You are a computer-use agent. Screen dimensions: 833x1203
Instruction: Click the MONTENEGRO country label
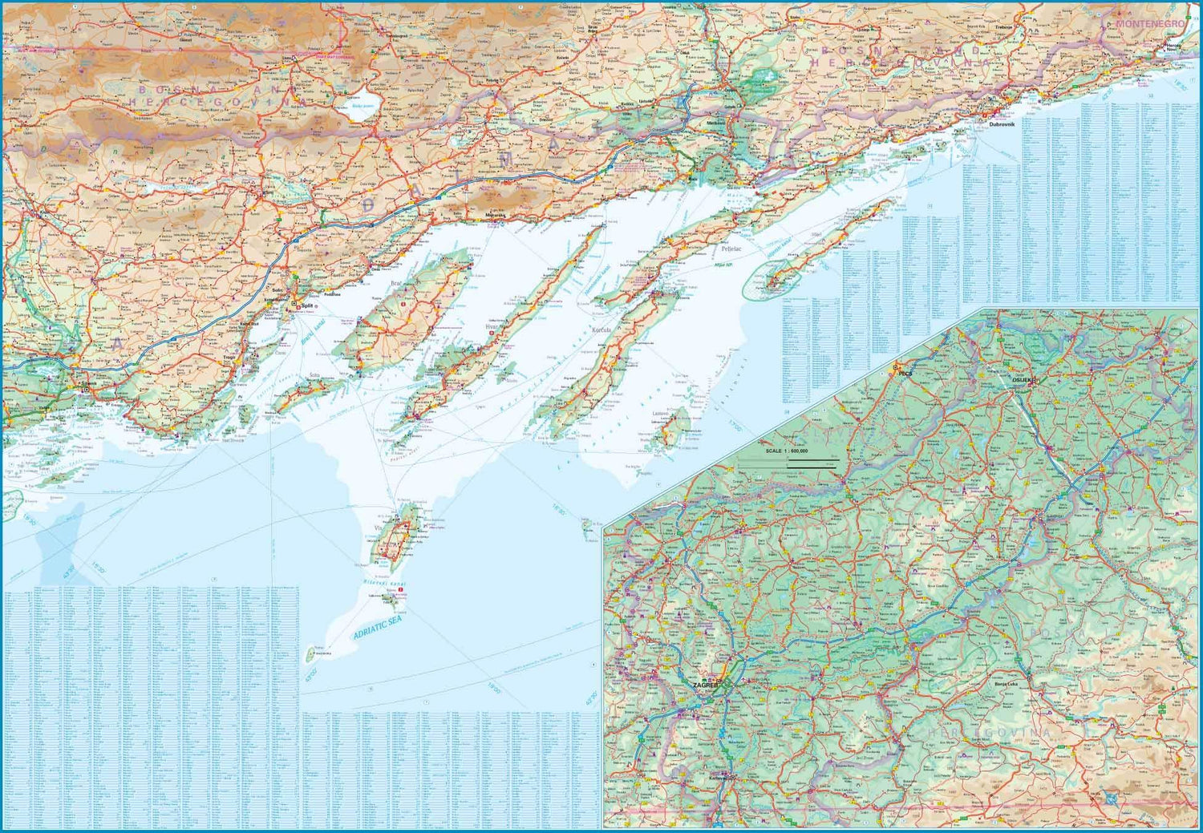pos(1149,24)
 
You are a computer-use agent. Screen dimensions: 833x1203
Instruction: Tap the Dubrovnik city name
pos(1002,124)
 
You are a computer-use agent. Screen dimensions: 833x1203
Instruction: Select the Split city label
pos(305,306)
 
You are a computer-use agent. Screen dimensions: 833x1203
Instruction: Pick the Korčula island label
pos(601,330)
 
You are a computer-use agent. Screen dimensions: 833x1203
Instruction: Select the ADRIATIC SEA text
pos(376,628)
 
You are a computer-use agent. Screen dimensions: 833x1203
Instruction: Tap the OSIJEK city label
pos(1023,380)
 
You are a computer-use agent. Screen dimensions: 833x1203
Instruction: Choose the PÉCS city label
pos(905,374)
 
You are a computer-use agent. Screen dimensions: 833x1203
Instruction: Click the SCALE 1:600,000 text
pos(787,451)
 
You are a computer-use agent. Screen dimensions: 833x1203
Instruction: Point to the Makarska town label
pos(496,215)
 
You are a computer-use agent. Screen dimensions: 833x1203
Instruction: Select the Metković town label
pos(716,123)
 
